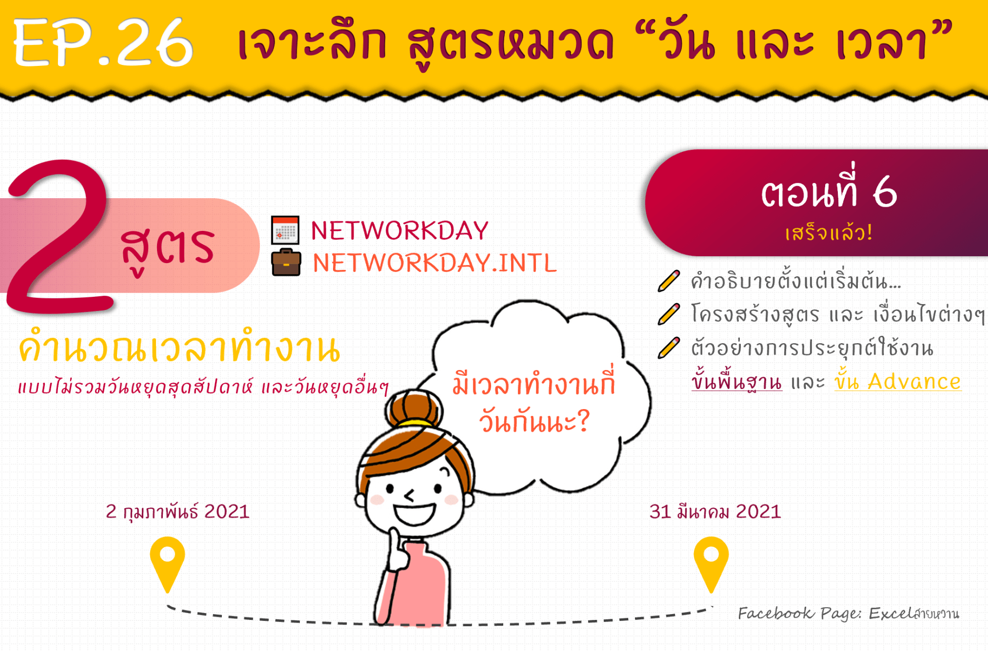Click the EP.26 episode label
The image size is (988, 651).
pos(103,42)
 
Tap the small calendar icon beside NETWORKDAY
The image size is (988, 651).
pos(285,230)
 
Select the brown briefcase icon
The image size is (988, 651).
pos(286,262)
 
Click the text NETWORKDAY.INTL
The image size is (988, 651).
pos(434,263)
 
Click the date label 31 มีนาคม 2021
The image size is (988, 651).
pos(715,512)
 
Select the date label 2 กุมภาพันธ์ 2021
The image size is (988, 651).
pos(178,512)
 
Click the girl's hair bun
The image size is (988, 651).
pos(413,409)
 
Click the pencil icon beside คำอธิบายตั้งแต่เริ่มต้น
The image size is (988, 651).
pos(669,281)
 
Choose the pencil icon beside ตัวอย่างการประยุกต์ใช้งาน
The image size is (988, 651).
pos(669,348)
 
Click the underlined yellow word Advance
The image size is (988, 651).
pos(914,382)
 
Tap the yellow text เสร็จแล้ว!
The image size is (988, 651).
pos(829,232)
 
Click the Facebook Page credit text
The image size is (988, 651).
pos(848,614)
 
